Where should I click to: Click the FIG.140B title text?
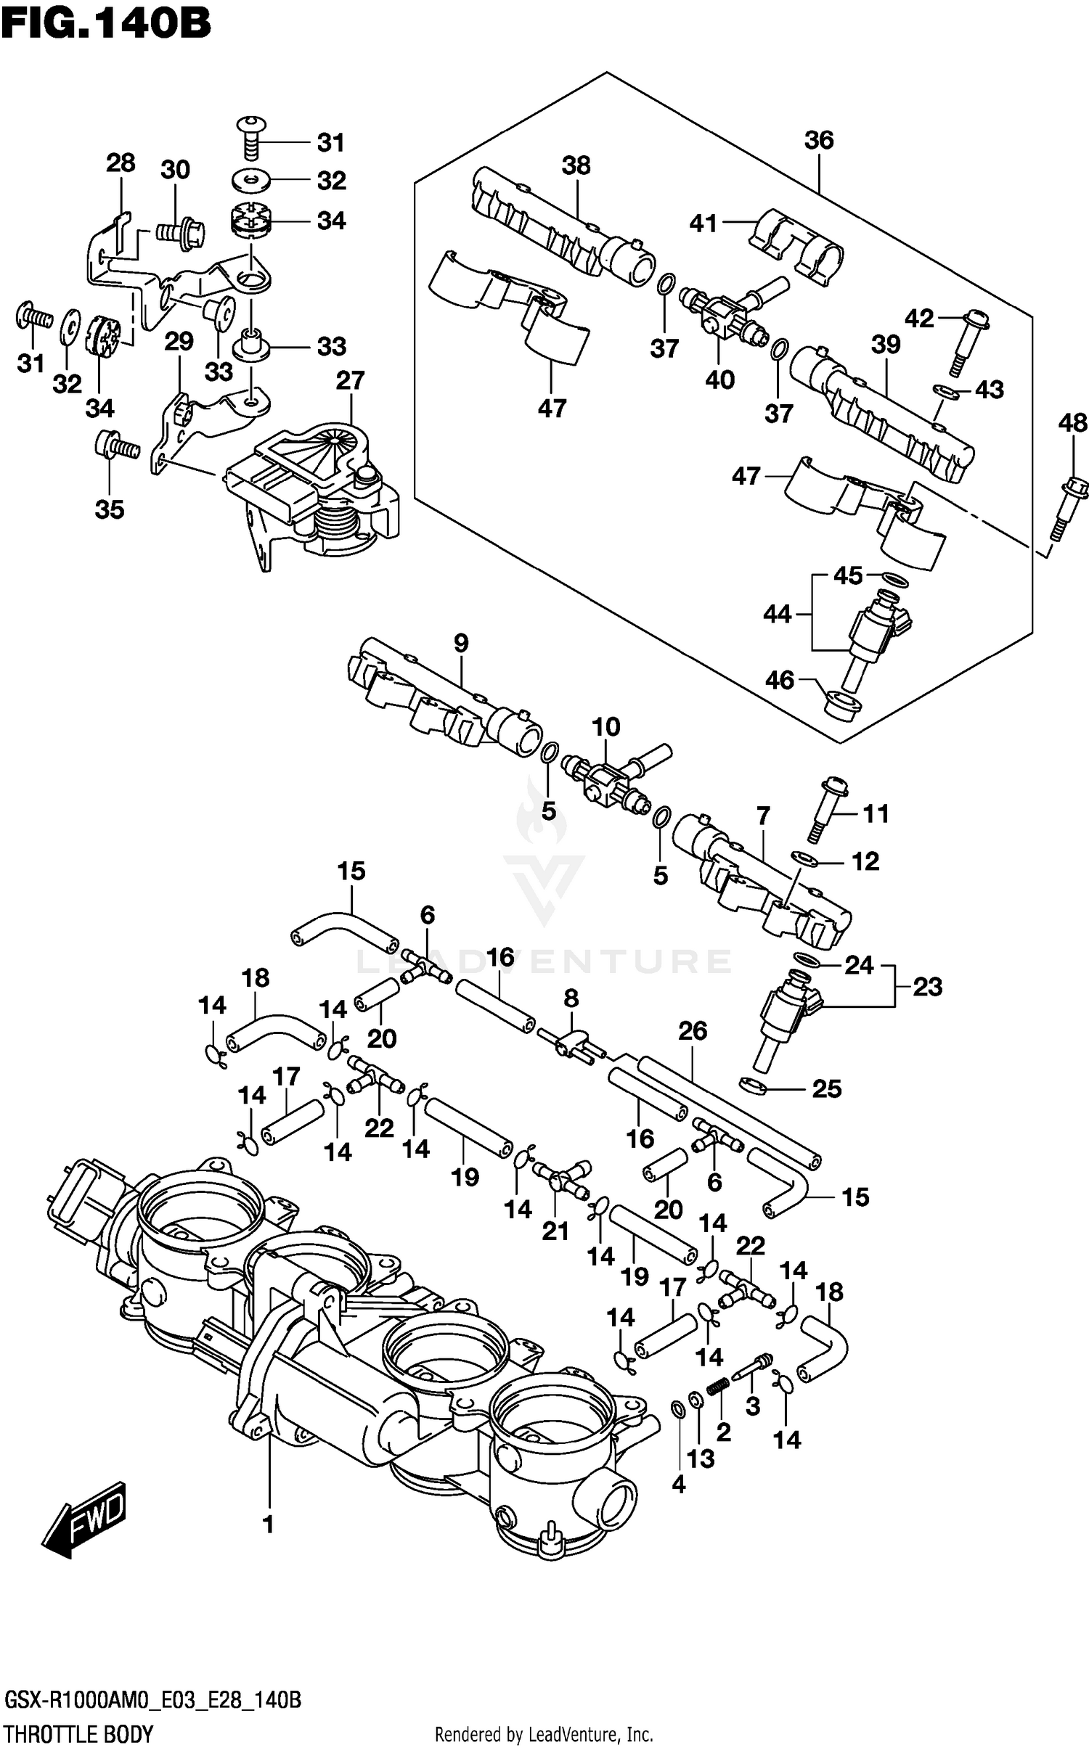pos(106,23)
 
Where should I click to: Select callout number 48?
pos(1072,422)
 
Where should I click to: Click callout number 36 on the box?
pos(818,140)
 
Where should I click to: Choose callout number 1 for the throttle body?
pos(268,1525)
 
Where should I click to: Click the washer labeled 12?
pos(805,858)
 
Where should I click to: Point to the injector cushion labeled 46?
pos(842,704)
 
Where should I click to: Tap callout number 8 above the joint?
pos(571,998)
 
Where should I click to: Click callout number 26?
pos(692,1030)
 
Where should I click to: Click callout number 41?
pos(703,223)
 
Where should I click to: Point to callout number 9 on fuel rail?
pos(461,643)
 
